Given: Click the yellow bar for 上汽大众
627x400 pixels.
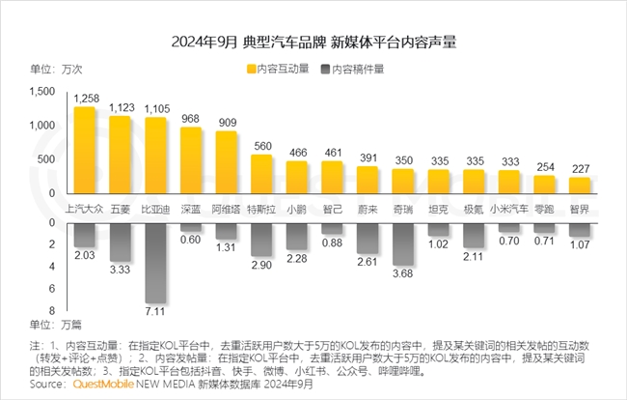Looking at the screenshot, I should click(85, 150).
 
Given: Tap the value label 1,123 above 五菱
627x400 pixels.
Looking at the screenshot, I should click(121, 108).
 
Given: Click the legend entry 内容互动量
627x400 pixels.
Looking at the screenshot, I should click(282, 69).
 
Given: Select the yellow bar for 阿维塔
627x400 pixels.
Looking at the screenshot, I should click(227, 161).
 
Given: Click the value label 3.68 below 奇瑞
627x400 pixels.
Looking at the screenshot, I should click(403, 273).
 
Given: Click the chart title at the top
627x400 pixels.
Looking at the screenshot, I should click(313, 42).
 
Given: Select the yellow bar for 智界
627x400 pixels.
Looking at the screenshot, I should click(580, 185).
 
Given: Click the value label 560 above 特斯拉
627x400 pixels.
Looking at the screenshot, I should click(262, 147).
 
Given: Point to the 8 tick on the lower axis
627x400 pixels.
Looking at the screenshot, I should click(50, 313).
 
